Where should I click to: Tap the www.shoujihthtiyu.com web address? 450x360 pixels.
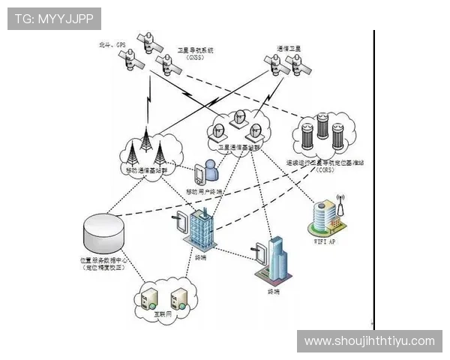pos(369,341)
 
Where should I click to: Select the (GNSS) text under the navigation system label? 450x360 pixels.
pos(195,58)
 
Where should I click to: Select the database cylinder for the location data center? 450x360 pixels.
pos(104,232)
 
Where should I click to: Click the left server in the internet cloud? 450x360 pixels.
pos(149,298)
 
